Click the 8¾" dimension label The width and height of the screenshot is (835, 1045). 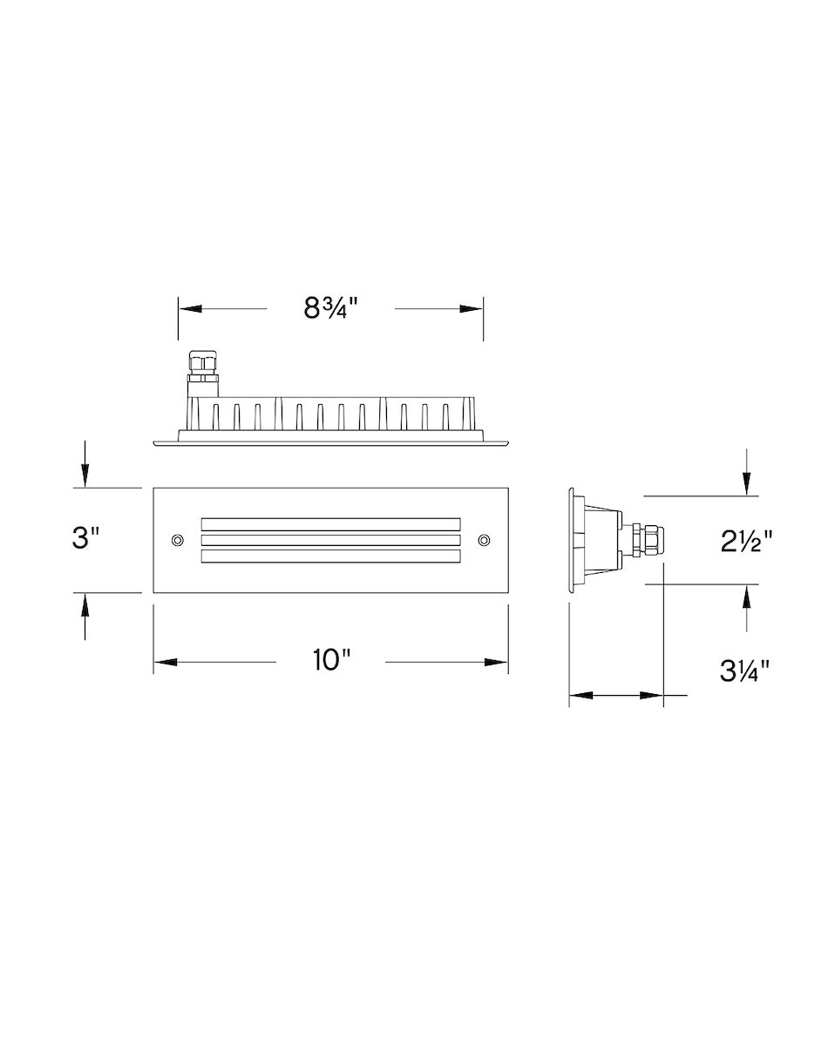click(x=330, y=308)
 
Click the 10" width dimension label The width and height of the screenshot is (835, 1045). click(x=331, y=660)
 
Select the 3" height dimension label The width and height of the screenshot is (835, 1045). click(x=85, y=538)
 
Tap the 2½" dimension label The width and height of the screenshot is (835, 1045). click(x=746, y=542)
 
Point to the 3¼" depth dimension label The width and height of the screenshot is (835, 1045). click(x=745, y=671)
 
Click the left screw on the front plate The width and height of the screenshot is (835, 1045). click(x=178, y=540)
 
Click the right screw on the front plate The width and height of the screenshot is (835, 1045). click(x=484, y=540)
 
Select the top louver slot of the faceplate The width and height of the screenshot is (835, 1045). click(x=330, y=524)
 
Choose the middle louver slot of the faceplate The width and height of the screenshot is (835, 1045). click(x=330, y=540)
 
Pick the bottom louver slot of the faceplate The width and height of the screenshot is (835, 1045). click(x=330, y=556)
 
